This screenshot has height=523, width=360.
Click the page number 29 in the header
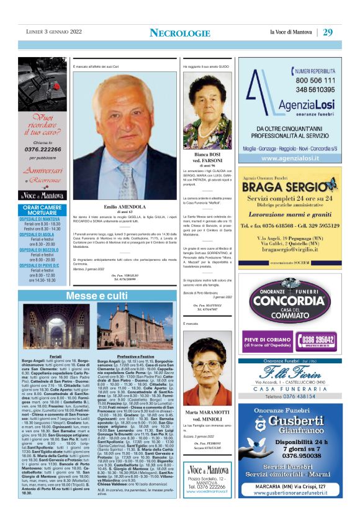pos(328,32)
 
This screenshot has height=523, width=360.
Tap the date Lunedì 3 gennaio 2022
pos(50,32)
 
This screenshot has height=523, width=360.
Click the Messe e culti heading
pos(88,296)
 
